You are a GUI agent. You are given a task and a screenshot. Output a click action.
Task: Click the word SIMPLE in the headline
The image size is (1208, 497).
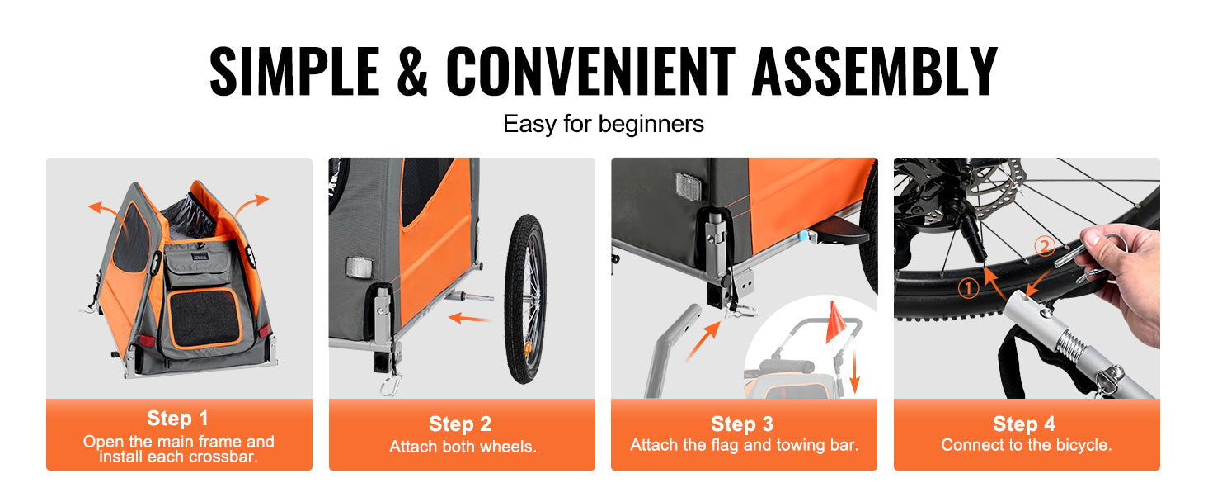(294, 71)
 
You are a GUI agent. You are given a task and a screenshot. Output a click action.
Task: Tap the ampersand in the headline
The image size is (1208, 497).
(412, 71)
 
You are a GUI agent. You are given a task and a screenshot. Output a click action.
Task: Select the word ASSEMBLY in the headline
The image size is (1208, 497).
(874, 71)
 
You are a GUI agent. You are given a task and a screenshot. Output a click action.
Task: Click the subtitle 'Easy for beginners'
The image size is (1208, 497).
(604, 124)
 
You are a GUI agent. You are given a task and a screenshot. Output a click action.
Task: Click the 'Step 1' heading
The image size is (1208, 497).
(177, 418)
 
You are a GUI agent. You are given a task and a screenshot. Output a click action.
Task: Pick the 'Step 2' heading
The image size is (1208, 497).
(460, 424)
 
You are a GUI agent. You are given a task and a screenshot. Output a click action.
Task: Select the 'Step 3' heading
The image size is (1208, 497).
(742, 424)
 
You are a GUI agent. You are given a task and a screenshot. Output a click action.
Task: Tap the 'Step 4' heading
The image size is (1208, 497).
(1024, 424)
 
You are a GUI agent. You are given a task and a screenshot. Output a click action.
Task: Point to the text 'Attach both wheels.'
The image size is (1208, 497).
(463, 447)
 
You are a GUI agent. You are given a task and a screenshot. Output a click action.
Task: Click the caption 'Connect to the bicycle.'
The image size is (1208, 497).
(1027, 445)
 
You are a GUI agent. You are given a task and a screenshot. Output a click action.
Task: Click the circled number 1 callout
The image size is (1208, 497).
(968, 288)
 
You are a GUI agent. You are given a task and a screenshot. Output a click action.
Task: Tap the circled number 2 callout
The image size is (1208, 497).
(1045, 246)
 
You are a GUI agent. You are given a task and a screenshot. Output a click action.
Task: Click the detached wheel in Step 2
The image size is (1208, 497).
(524, 299)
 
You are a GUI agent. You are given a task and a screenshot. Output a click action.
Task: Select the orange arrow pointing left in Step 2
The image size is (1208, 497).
(469, 318)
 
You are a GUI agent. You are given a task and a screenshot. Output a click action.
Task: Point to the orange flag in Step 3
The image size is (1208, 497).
(836, 323)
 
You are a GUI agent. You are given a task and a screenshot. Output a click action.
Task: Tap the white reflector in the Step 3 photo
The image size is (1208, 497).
(689, 187)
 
